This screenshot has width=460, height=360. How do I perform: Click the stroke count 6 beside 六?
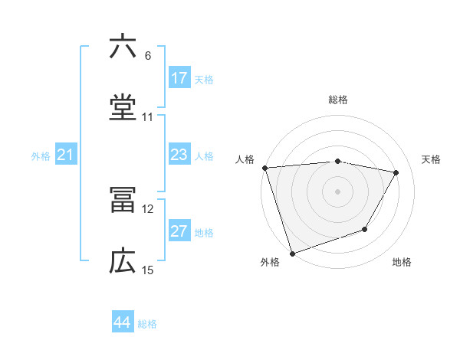[147, 56]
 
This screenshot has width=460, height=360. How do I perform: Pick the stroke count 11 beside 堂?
[148, 117]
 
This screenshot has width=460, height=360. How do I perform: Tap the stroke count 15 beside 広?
[148, 270]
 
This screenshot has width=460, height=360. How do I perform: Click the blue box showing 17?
[179, 78]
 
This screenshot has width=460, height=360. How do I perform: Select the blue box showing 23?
[179, 155]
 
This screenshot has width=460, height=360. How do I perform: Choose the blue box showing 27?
[179, 232]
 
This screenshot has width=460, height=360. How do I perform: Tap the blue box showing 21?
[66, 155]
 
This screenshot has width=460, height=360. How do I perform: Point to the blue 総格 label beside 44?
[147, 324]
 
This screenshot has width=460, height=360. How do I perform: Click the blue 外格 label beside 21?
[41, 156]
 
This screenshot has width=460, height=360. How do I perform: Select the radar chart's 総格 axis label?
[338, 100]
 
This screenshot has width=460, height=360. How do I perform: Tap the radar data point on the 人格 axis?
[264, 168]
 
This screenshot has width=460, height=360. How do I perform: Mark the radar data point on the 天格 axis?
[396, 172]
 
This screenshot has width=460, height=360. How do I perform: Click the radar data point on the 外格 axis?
[292, 253]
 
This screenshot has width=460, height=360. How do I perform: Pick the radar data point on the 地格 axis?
[366, 229]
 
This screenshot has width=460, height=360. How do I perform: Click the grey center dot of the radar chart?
[338, 191]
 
